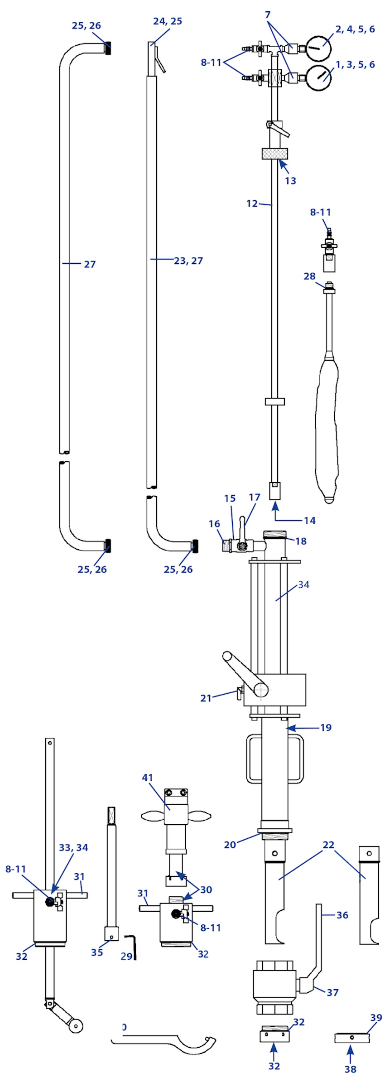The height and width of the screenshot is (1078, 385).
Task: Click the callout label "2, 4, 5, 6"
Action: coord(355,29)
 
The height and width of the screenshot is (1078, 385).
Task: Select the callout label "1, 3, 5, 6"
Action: coord(355,65)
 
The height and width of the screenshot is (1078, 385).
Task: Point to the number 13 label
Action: coord(290,181)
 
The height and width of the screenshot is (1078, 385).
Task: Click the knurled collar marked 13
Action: coord(274,154)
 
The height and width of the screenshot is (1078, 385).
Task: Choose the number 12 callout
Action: coord(252,203)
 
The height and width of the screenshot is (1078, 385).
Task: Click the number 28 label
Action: coord(309,276)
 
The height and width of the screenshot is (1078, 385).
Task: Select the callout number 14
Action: coord(309,520)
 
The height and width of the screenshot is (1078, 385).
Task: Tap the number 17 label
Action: coord(255,497)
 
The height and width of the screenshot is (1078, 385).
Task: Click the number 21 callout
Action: coord(206,698)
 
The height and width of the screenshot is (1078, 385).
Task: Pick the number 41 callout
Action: coord(148,778)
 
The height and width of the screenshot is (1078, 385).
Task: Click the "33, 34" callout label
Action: coord(73,847)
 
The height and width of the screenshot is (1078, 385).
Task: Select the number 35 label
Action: coord(97,952)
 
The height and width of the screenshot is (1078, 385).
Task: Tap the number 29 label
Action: coord(126,956)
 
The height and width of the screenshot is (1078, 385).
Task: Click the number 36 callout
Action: coord(342,915)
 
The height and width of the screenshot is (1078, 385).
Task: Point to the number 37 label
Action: coord(332,992)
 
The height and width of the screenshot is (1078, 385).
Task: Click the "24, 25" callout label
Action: coord(168,21)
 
